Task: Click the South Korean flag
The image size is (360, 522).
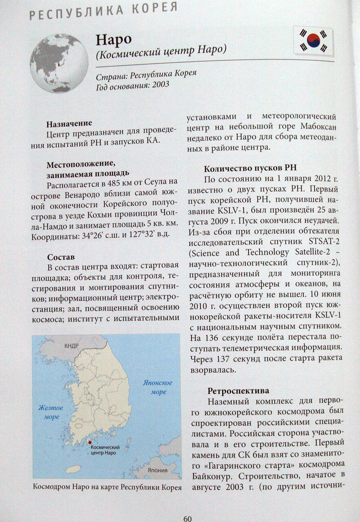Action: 313,41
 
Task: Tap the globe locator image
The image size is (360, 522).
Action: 59,64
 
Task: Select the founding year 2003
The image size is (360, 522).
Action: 160,85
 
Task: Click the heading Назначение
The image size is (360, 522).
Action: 69,124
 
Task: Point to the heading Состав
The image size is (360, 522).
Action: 60,257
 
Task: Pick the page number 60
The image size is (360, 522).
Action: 187,518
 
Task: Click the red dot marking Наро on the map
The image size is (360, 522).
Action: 90,443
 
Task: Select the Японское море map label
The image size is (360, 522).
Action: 157,387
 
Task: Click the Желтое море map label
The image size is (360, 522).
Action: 51,412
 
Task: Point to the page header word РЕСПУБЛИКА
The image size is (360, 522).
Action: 71,12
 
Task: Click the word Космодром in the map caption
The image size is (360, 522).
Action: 49,487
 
